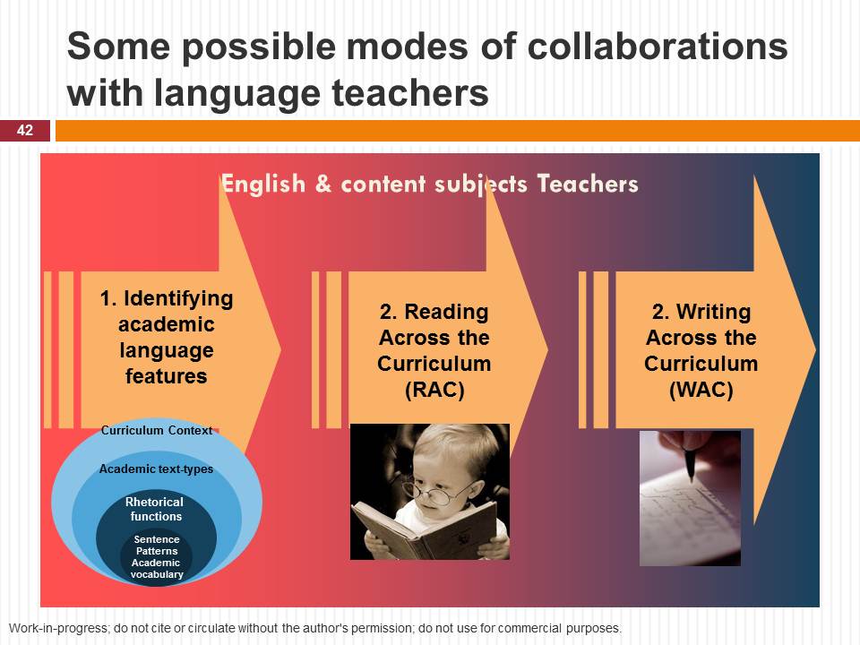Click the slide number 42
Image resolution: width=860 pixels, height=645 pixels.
[25, 131]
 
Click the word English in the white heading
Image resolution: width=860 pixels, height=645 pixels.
[262, 184]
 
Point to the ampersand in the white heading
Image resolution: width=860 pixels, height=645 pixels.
[323, 185]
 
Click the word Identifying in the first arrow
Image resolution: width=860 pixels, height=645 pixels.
[178, 299]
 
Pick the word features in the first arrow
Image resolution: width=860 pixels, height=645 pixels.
[167, 376]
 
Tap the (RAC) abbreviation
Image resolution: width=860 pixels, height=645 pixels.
[434, 390]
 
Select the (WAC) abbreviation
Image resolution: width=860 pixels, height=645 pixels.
[701, 390]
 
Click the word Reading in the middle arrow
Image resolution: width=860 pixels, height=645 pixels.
[446, 312]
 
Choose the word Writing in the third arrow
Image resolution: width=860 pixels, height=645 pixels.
[713, 312]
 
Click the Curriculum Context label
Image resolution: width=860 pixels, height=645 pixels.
[156, 431]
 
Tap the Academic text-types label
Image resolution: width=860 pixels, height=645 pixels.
[156, 469]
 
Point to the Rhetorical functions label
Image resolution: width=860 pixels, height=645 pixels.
[155, 509]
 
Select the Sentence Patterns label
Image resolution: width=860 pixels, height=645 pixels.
[157, 546]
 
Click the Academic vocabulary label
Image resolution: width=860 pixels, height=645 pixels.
[156, 569]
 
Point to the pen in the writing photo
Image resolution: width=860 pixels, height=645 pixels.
[690, 463]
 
